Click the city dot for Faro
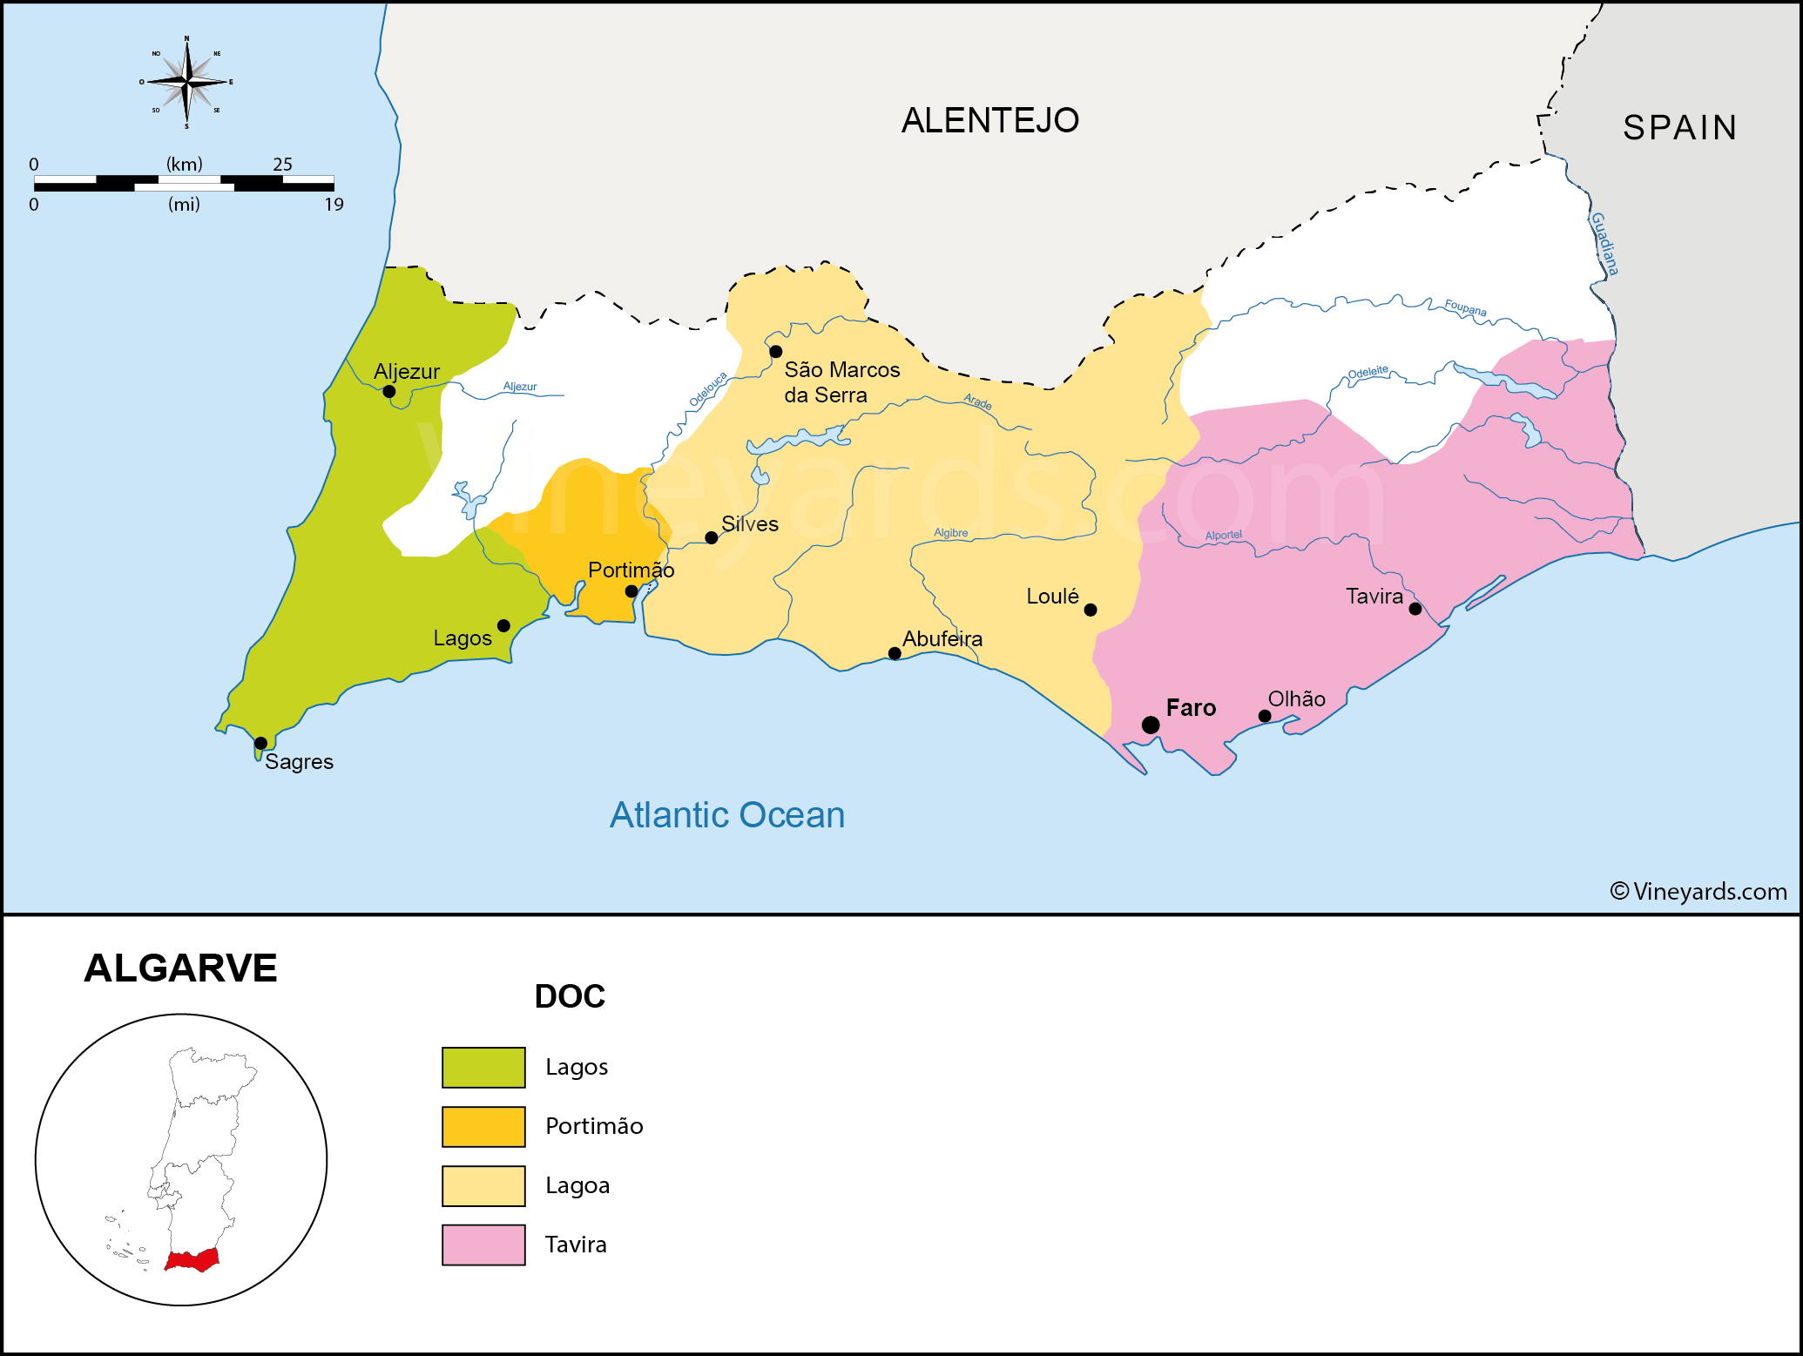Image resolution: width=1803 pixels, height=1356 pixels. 1151,725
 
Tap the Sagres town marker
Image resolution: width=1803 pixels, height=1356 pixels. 260,743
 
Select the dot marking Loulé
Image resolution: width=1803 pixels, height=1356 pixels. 1091,610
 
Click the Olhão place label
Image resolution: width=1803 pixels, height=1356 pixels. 1296,698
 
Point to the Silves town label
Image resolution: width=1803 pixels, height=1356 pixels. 749,523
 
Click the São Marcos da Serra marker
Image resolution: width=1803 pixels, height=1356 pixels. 776,352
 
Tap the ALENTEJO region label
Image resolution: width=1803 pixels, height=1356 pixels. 990,120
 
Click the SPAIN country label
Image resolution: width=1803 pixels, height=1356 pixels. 1679,128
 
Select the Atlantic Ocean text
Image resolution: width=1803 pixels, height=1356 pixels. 727,815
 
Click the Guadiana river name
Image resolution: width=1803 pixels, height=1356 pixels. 1604,244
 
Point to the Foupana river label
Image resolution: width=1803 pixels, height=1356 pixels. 1465,307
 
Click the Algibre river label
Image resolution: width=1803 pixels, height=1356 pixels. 950,532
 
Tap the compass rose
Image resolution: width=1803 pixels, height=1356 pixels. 186,82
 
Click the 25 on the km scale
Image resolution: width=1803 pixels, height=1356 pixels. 282,164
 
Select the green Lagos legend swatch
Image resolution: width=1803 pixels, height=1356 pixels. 483,1067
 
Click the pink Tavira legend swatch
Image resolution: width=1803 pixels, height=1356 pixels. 483,1245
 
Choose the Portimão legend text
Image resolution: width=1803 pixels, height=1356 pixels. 594,1126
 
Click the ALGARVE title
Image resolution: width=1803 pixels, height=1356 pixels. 180,968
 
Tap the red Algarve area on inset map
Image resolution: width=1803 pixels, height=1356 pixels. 192,1260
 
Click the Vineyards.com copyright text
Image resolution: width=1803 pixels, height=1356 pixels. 1698,891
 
